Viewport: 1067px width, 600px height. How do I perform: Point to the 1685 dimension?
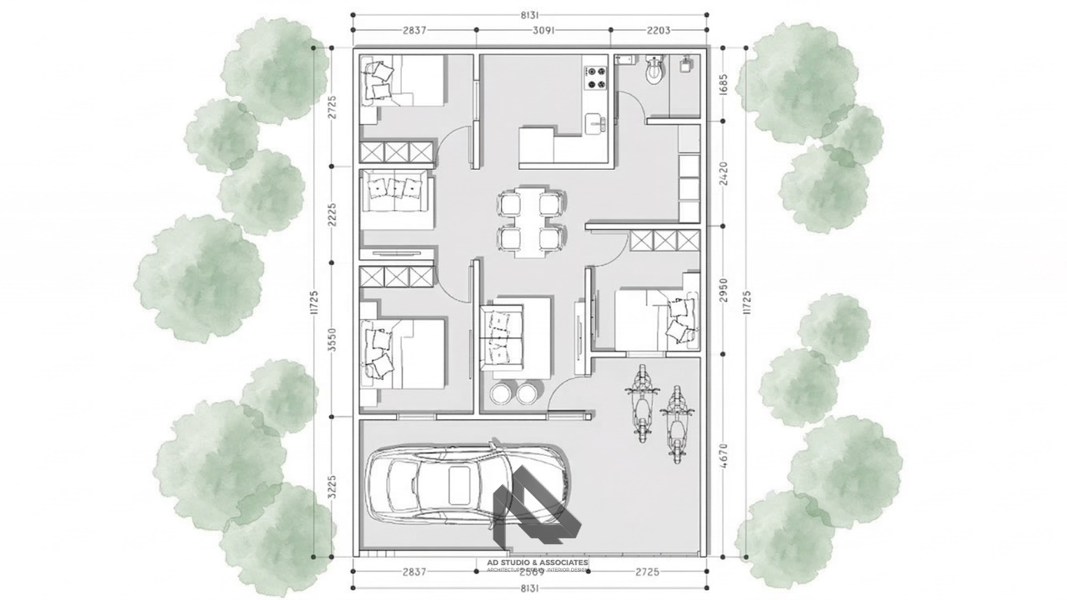(723, 83)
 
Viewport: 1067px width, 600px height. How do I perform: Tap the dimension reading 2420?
(723, 172)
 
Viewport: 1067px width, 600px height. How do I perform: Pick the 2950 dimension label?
(723, 289)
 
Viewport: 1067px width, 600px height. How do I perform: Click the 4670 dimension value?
(723, 457)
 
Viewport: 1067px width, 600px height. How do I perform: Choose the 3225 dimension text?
(332, 486)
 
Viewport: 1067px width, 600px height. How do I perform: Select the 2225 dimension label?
(332, 216)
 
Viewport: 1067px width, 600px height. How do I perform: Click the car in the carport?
(467, 482)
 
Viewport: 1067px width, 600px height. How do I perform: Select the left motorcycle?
(643, 403)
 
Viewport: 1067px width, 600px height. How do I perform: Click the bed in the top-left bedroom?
(403, 81)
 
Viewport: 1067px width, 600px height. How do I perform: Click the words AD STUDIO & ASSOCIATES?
(538, 563)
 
